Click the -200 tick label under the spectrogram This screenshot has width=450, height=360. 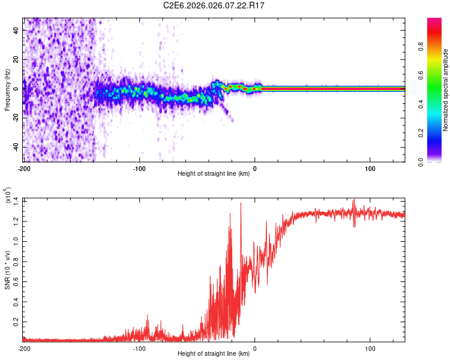(24, 168)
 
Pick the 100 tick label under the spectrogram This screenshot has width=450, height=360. (370, 168)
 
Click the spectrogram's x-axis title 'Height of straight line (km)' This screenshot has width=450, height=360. (214, 174)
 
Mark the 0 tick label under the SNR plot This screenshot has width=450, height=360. (255, 348)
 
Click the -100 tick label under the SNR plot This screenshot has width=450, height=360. (139, 348)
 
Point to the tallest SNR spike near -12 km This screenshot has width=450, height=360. (241, 203)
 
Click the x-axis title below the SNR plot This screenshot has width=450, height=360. (214, 354)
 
